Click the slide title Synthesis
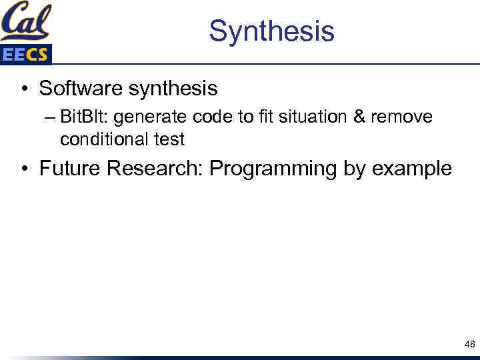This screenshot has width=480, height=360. tap(271, 31)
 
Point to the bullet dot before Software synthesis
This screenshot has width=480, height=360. tap(24, 89)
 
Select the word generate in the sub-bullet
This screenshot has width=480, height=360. tap(147, 118)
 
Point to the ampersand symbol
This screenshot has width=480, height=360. tap(359, 117)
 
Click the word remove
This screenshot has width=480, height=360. tap(402, 117)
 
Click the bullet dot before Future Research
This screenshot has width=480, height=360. tap(24, 169)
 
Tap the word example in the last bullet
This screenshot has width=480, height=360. tap(411, 169)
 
